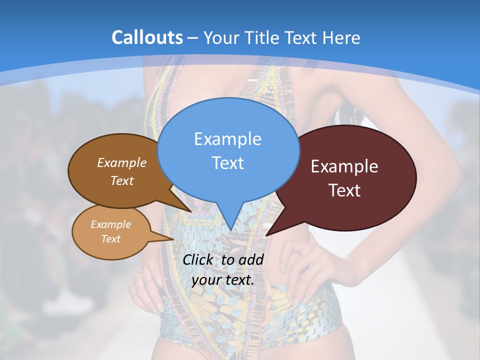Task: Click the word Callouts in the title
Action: (x=147, y=37)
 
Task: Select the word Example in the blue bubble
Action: (x=227, y=138)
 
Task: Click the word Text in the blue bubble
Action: (x=227, y=162)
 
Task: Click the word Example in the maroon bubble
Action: (x=344, y=166)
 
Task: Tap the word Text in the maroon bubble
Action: (x=344, y=190)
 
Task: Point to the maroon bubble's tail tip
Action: (x=266, y=235)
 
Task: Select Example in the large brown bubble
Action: (x=122, y=162)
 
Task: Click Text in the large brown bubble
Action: (x=122, y=180)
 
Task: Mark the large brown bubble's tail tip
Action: (x=190, y=211)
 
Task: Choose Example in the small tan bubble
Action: (x=110, y=224)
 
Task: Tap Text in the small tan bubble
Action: (x=110, y=239)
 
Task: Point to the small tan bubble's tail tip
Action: (x=174, y=239)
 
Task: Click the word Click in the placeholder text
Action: (x=199, y=259)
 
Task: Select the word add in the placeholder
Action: (x=251, y=259)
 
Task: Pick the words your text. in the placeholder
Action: (x=223, y=280)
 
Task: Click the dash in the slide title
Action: (x=192, y=37)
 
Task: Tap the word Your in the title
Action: (x=220, y=37)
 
